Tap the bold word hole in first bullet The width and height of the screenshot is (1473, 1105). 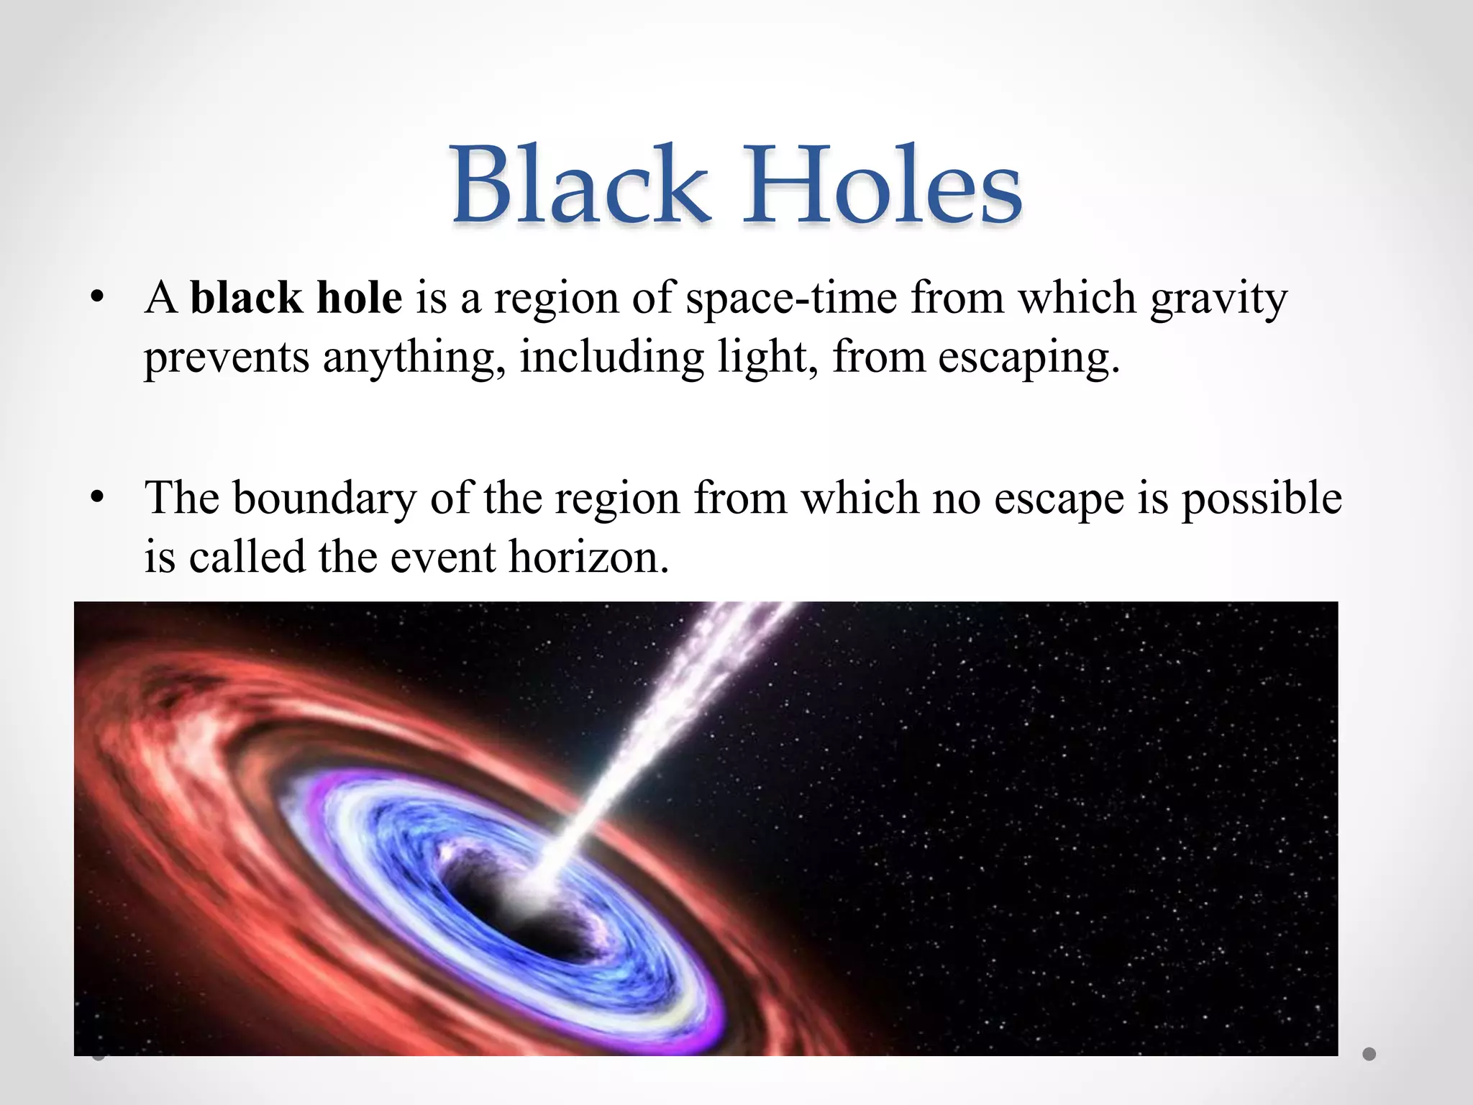click(x=359, y=298)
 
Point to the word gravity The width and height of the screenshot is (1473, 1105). click(x=1218, y=299)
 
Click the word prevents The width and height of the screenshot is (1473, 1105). click(x=226, y=358)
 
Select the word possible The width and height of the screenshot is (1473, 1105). click(x=1262, y=499)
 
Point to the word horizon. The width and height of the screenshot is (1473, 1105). click(x=588, y=557)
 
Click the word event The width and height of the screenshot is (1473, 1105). click(x=443, y=557)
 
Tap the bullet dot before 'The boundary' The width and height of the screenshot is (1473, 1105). click(x=99, y=498)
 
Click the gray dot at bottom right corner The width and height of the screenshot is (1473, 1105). click(x=1369, y=1054)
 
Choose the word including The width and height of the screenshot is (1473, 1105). click(x=612, y=358)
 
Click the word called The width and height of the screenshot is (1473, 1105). click(x=247, y=557)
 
